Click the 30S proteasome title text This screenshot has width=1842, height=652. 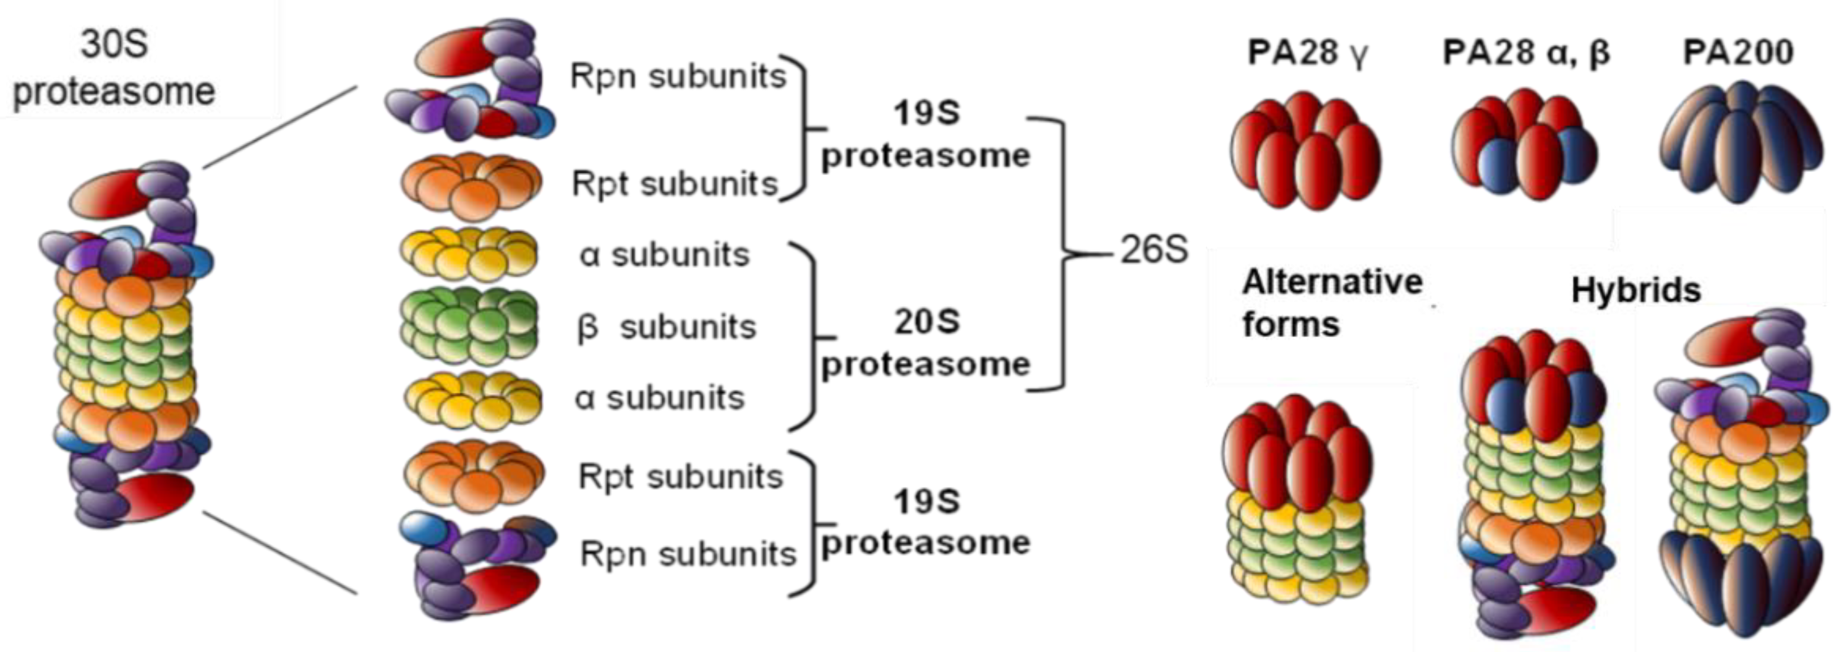(114, 68)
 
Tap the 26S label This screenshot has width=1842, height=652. (1153, 250)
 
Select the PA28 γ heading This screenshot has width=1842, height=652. (1307, 52)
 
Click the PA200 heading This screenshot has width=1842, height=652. (1738, 52)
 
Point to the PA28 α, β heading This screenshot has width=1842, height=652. (1526, 52)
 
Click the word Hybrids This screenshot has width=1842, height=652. (1635, 291)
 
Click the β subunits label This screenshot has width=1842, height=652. (666, 328)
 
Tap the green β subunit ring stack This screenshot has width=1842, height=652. (469, 325)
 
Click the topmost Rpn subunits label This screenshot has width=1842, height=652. (678, 76)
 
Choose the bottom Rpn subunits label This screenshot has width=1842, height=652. (688, 554)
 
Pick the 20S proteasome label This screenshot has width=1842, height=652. (925, 343)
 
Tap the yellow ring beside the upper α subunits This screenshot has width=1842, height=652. (469, 254)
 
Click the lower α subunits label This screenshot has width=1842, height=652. (659, 398)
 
